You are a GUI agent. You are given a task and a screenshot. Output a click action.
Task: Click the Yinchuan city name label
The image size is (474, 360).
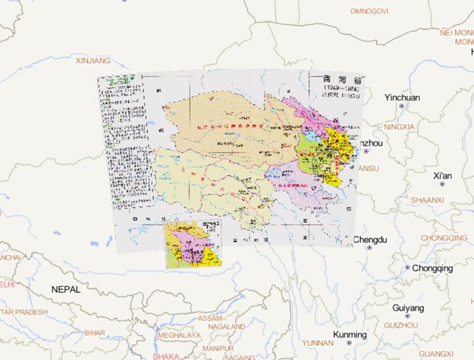(x=402, y=98)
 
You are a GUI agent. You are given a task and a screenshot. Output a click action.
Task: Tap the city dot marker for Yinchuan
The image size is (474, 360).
(x=402, y=106)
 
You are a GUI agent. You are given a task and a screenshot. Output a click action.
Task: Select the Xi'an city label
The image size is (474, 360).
(x=443, y=176)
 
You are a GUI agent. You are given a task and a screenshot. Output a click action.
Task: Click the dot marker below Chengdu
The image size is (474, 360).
(x=370, y=248)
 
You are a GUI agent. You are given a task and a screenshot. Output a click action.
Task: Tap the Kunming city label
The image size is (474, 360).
(x=349, y=335)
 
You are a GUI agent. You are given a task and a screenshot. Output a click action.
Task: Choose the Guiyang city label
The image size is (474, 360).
(x=408, y=308)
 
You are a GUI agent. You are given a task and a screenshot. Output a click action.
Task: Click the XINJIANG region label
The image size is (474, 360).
(x=93, y=61)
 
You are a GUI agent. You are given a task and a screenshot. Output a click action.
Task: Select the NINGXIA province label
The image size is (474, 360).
(x=399, y=127)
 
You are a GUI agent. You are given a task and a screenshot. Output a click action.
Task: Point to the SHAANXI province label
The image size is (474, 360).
(x=428, y=200)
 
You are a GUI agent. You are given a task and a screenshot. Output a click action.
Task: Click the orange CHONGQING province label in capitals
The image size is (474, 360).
(x=444, y=238)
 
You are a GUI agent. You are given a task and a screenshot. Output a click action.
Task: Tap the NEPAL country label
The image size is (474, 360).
(x=66, y=289)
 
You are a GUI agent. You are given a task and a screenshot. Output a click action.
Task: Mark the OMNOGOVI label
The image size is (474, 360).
(x=369, y=11)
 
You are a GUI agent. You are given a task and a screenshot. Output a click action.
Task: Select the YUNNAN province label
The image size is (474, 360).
(x=318, y=343)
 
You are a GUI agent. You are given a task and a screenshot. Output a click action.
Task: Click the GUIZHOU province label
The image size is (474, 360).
(x=402, y=325)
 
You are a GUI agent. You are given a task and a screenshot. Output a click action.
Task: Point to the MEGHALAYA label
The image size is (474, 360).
(x=179, y=335)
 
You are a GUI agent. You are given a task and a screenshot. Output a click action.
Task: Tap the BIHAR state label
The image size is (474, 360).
(x=94, y=333)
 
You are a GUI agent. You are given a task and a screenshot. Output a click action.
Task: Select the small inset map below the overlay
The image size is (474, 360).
(x=193, y=245)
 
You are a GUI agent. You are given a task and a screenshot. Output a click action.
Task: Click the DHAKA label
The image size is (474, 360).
(x=166, y=356)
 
